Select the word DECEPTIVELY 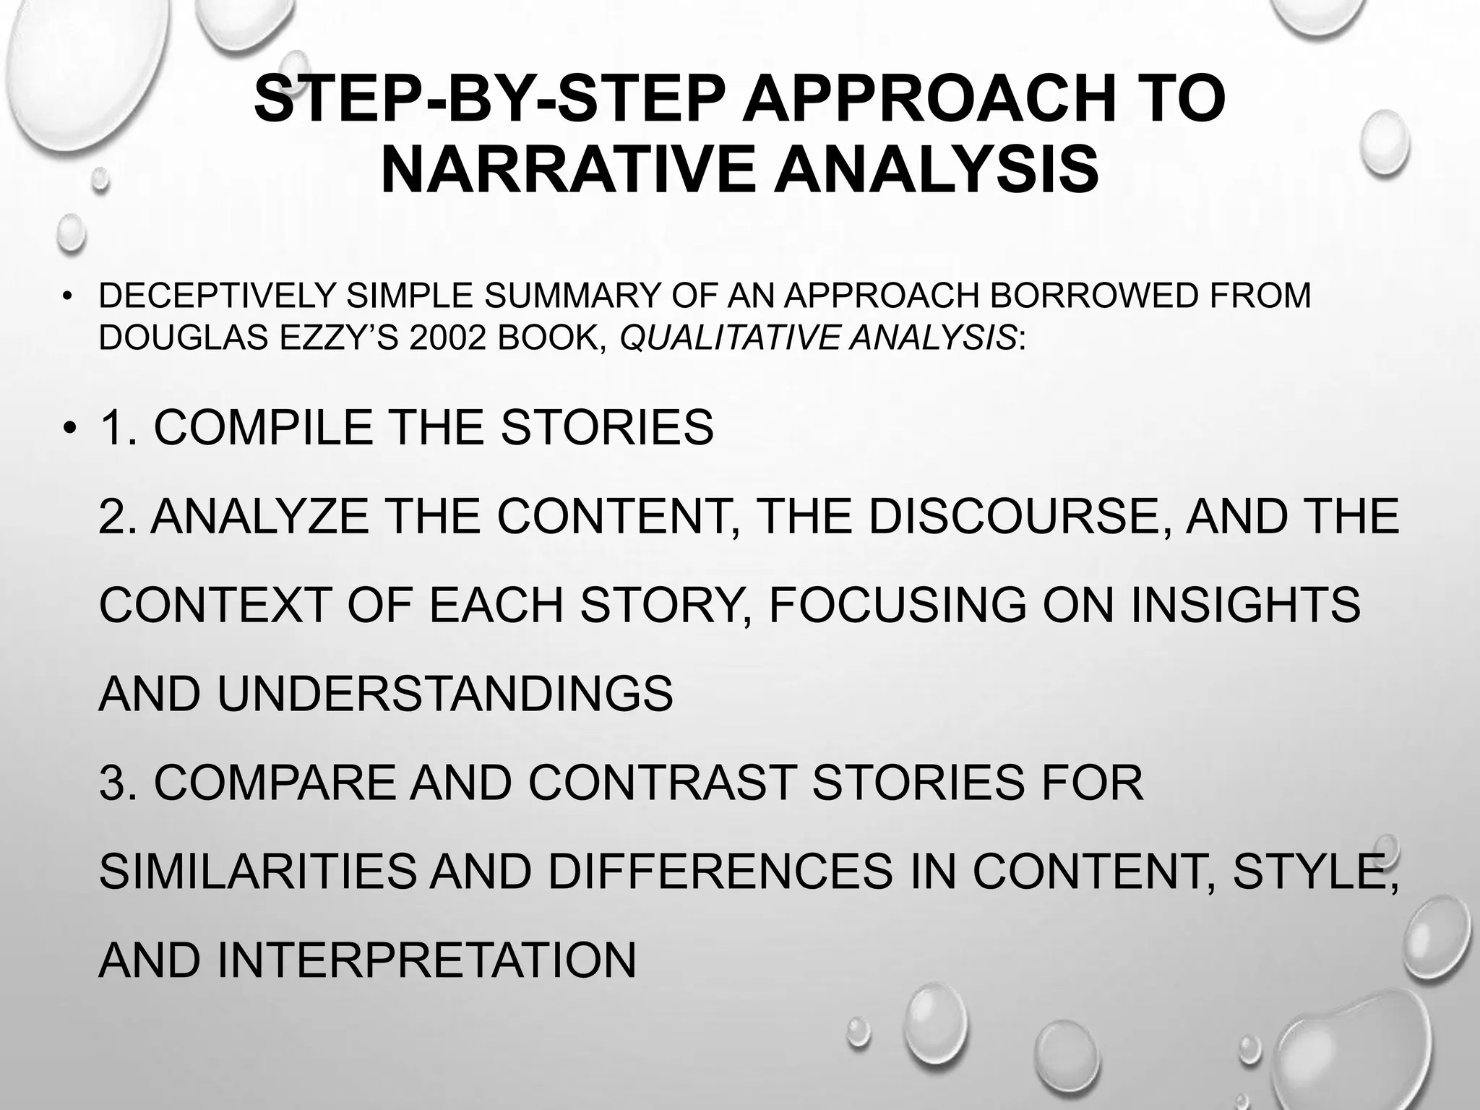click(x=217, y=296)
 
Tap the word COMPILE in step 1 click(x=264, y=427)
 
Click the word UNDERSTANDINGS click(x=444, y=694)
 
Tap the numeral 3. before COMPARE click(x=118, y=783)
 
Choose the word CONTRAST click(x=663, y=783)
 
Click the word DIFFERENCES click(x=720, y=872)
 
